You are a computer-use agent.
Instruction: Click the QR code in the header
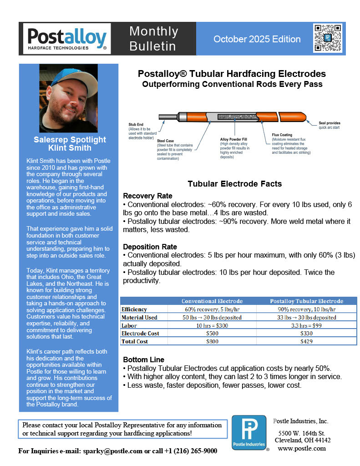click(327, 38)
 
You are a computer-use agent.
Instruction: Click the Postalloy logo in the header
click(67, 38)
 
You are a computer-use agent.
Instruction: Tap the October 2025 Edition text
click(257, 39)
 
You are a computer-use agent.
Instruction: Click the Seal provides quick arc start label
click(329, 125)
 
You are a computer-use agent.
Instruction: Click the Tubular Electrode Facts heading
click(235, 184)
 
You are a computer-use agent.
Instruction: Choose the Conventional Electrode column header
click(212, 301)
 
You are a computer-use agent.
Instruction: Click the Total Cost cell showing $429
click(306, 341)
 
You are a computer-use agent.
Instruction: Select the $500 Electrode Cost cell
click(212, 334)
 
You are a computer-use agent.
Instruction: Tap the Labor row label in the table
click(129, 325)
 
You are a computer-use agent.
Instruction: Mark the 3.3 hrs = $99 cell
click(306, 325)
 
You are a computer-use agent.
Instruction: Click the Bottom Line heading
click(143, 360)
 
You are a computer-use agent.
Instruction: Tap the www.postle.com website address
click(302, 448)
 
